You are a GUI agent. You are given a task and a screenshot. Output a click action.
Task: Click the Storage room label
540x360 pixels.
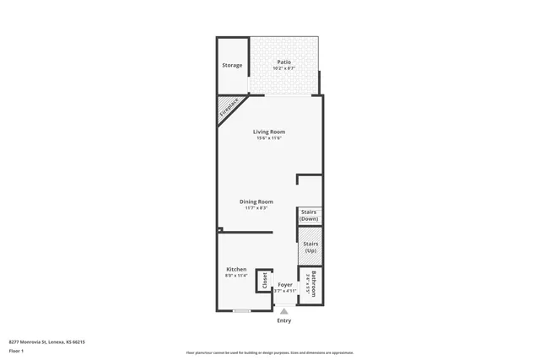point(232,65)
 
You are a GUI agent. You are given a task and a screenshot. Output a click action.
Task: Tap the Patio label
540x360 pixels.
point(284,62)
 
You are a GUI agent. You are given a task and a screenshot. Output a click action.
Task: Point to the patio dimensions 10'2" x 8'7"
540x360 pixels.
point(284,68)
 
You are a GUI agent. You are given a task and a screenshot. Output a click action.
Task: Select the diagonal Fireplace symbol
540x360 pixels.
point(229,110)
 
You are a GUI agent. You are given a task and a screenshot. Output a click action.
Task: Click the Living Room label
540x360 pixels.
point(269,132)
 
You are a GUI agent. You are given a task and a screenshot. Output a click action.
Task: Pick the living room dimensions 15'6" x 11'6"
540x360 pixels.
point(269,138)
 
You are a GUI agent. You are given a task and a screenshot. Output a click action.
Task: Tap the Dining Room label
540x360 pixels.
point(256,201)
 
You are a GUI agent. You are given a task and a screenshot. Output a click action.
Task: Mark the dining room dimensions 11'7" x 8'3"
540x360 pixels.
point(256,208)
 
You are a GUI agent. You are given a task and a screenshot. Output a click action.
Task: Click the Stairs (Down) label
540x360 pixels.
point(309,215)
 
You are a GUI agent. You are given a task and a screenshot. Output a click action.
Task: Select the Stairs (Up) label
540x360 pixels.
point(310,247)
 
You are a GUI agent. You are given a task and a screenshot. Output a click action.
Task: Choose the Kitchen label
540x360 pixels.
point(235,269)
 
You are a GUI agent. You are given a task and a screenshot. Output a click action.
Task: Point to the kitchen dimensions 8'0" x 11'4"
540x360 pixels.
point(235,276)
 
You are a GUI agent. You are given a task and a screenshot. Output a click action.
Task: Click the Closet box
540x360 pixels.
point(264,280)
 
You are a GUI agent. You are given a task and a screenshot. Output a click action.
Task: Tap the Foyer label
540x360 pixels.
point(285,285)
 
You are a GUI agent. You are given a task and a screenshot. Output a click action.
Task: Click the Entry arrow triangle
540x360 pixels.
point(284,311)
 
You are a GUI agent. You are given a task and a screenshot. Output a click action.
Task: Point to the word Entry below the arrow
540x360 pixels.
point(284,320)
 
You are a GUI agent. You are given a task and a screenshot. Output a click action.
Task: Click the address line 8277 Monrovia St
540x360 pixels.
point(47,341)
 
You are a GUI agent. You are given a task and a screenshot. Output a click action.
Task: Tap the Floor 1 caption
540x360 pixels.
point(16,350)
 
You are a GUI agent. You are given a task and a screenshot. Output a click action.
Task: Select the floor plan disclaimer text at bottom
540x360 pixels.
point(270,352)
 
